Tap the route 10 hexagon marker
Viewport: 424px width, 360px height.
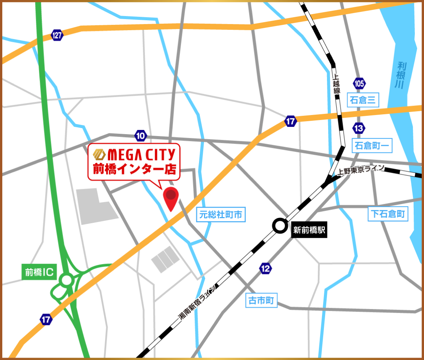[x=141, y=135]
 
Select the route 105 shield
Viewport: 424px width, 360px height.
[x=359, y=83]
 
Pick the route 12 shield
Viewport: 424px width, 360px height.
[x=265, y=269]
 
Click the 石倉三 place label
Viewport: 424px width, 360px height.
[x=363, y=101]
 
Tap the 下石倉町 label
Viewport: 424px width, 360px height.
[x=388, y=214]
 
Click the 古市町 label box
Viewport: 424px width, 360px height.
[x=261, y=301]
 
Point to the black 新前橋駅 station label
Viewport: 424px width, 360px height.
[x=309, y=230]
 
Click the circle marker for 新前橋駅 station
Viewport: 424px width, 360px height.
[x=280, y=226]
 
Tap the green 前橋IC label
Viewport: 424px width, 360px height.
[x=39, y=272]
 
